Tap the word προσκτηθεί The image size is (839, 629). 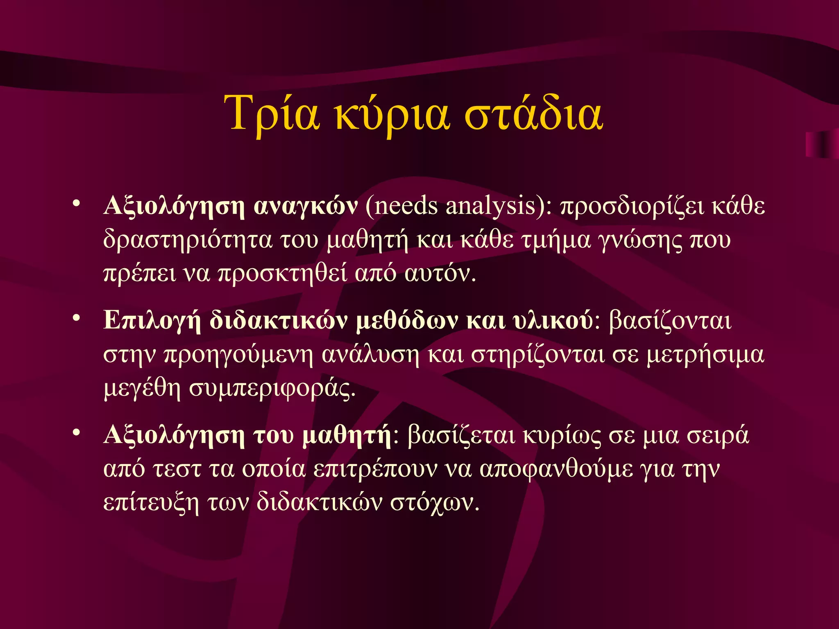[282, 274]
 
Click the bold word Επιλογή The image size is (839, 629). [152, 321]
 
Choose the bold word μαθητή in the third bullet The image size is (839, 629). [347, 435]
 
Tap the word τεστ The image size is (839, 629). [177, 469]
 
